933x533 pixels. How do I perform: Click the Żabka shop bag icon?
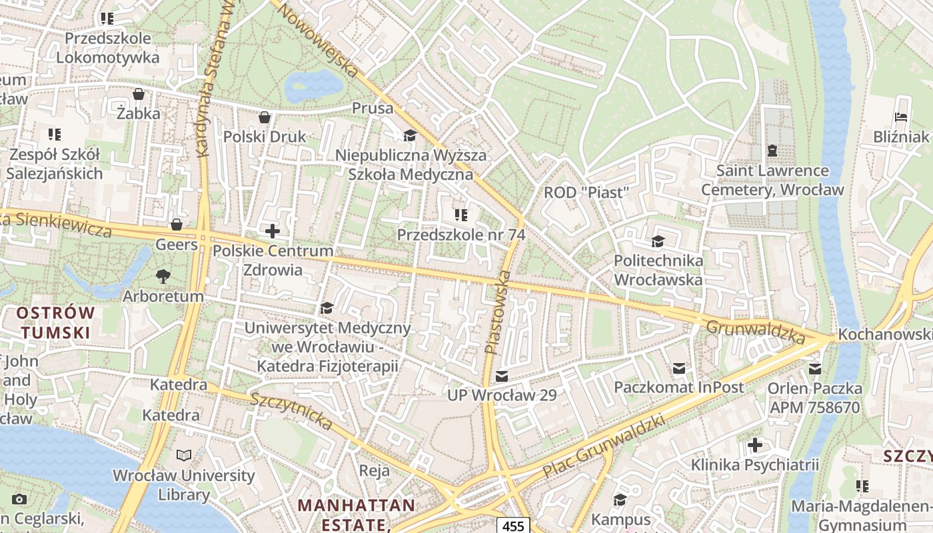click(x=139, y=94)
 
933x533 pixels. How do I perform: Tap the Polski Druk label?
click(x=265, y=137)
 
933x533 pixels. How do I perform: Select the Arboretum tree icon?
click(x=163, y=276)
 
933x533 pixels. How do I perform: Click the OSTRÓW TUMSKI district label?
click(x=56, y=322)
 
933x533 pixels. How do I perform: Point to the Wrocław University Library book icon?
click(x=183, y=456)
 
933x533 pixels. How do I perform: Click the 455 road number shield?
click(x=513, y=526)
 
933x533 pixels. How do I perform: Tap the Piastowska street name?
click(x=498, y=311)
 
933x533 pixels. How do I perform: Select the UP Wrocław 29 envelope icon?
click(x=502, y=376)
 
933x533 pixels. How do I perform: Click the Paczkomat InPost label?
click(x=678, y=387)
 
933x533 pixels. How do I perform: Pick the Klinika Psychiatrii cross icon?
click(x=754, y=444)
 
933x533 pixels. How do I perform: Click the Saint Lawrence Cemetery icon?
click(x=772, y=151)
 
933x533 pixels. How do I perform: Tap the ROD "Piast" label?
click(x=586, y=193)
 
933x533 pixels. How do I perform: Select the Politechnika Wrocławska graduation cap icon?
click(x=658, y=241)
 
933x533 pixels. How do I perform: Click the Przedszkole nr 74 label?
click(x=461, y=235)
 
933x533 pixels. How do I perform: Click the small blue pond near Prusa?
click(x=313, y=85)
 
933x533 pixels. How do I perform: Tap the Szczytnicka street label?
click(x=291, y=411)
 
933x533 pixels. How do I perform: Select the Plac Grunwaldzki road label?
click(x=604, y=446)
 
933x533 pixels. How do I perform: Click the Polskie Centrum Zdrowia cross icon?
click(x=272, y=231)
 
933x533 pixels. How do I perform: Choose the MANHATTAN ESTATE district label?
click(x=356, y=514)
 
